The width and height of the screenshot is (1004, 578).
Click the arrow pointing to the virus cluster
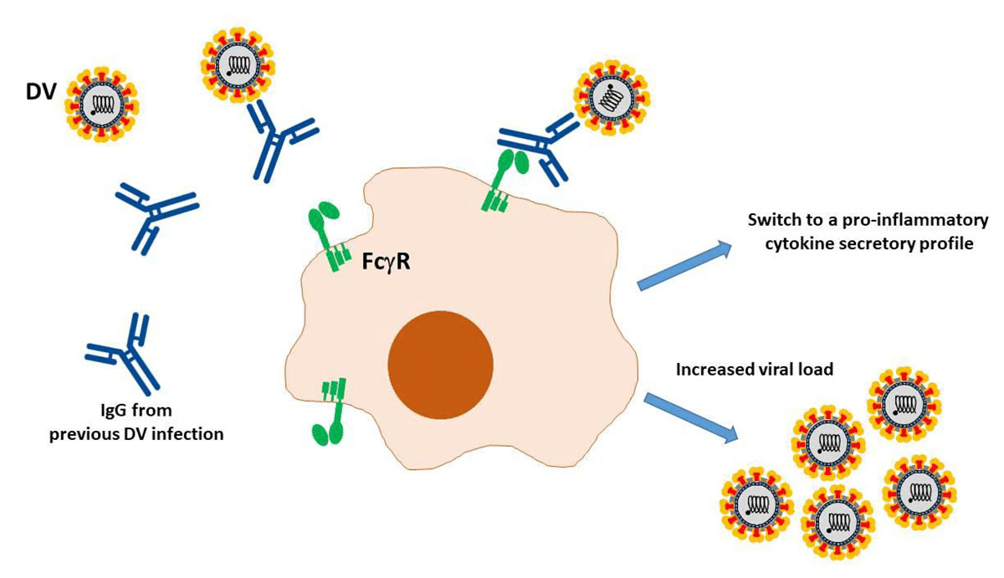691,417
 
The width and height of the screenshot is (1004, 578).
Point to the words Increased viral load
754,368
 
